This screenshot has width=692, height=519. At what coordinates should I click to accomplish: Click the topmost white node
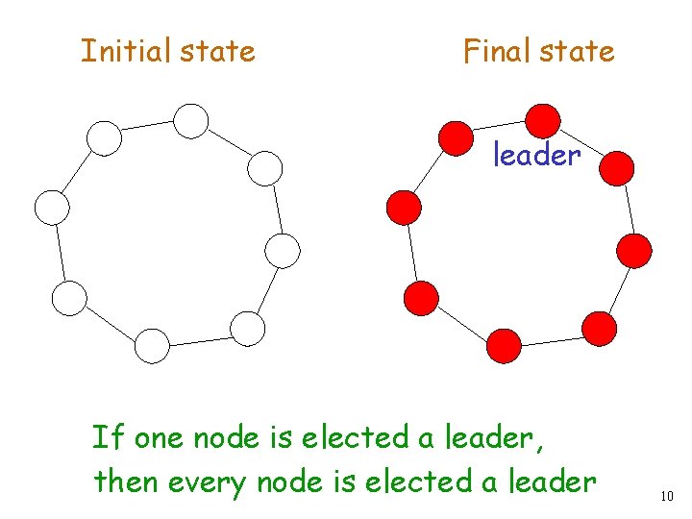pos(191,120)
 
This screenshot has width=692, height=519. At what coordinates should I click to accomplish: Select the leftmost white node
pos(52,207)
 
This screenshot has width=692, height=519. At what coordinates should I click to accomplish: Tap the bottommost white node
pos(152,346)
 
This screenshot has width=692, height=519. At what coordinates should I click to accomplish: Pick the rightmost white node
pos(283,251)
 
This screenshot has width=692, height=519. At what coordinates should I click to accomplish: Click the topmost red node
pos(543,120)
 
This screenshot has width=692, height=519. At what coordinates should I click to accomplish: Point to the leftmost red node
pos(404,207)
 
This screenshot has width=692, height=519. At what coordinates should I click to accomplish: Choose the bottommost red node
pos(504,345)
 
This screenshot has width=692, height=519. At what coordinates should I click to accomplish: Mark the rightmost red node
pos(634,251)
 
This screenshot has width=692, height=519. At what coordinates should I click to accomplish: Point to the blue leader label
pos(537,155)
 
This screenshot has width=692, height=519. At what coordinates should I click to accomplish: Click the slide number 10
pos(667,496)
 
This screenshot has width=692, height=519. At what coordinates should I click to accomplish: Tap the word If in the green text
pos(109,438)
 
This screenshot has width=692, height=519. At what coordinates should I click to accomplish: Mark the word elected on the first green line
pos(355,438)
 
